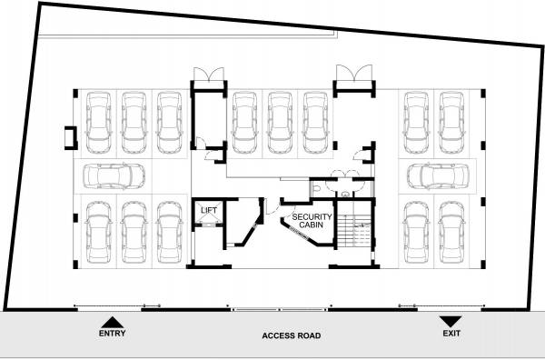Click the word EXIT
pyautogui.click(x=451, y=335)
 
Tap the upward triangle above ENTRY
pyautogui.click(x=111, y=321)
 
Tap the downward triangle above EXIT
pyautogui.click(x=451, y=321)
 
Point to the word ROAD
pyautogui.click(x=311, y=335)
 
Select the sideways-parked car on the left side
pyautogui.click(x=114, y=175)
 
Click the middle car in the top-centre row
pyautogui.click(x=279, y=124)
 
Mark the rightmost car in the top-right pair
pyautogui.click(x=451, y=124)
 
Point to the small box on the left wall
pyautogui.click(x=68, y=138)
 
